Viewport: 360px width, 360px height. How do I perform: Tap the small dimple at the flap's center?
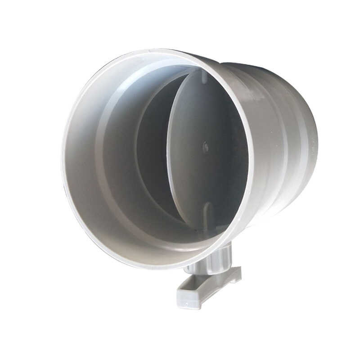click(x=205, y=146)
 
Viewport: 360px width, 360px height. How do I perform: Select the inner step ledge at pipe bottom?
click(x=148, y=238)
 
